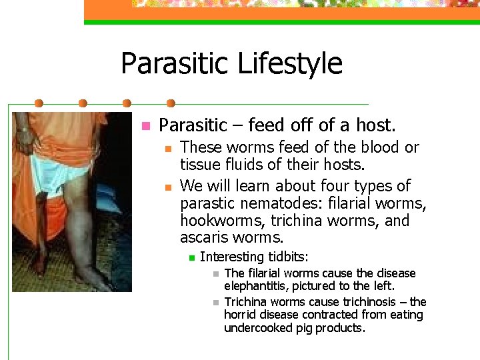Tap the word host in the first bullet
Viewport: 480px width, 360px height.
click(x=377, y=125)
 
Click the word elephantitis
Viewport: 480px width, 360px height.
click(x=259, y=286)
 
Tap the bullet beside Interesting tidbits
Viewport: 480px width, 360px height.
click(x=190, y=257)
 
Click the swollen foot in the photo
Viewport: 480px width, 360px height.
click(x=93, y=277)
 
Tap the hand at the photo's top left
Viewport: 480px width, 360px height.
click(x=25, y=137)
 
